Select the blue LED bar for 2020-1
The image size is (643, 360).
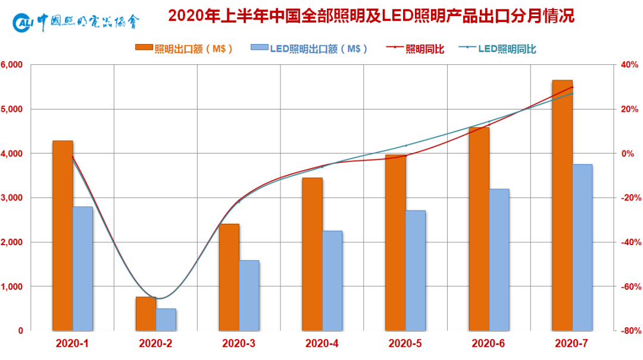(83, 268)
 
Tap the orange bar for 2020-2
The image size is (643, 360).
(146, 314)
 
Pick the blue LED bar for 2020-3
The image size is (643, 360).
(249, 295)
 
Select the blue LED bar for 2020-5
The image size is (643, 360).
(416, 270)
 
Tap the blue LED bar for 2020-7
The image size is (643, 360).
(582, 247)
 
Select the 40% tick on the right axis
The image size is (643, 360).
(629, 65)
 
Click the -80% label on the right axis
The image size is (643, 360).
(629, 331)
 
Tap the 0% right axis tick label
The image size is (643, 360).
(629, 154)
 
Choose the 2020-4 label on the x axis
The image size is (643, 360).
(322, 343)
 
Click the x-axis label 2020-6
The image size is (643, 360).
(489, 343)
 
